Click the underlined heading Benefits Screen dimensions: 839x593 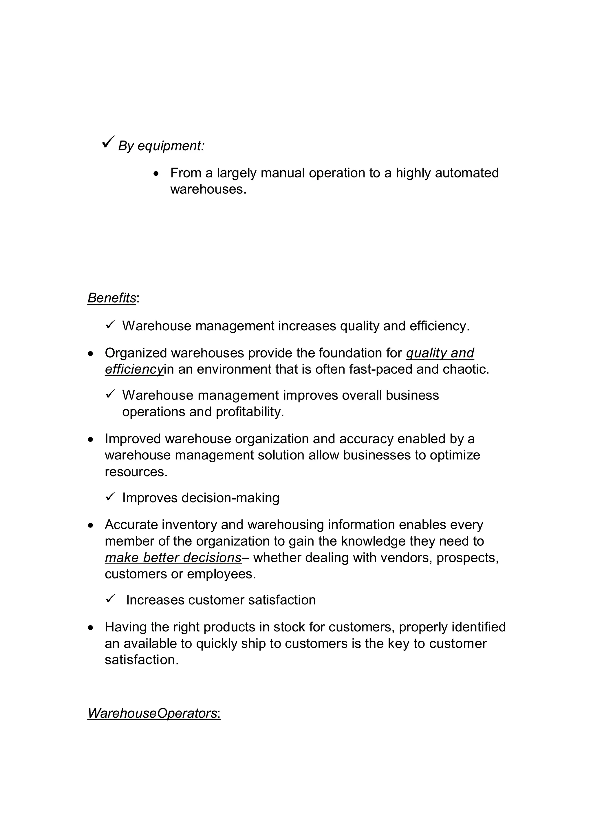tap(112, 298)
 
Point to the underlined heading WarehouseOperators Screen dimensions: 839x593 tap(154, 713)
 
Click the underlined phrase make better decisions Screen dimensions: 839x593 tap(173, 558)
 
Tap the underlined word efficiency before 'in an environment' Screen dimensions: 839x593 tap(134, 369)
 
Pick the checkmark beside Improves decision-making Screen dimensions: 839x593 tap(110, 497)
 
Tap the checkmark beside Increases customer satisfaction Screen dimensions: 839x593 tap(110, 598)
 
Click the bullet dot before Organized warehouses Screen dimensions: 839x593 tap(91, 354)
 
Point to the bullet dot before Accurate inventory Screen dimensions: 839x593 tap(91, 525)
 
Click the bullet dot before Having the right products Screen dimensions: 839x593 tap(91, 628)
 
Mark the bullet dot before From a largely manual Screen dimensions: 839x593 tap(156, 174)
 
